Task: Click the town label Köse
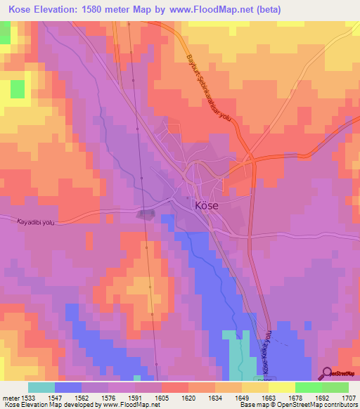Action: [205, 206]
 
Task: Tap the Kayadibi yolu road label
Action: [35, 221]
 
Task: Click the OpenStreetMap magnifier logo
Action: [326, 373]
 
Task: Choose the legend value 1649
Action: [221, 397]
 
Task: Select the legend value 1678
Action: [295, 397]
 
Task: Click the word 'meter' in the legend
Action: [12, 397]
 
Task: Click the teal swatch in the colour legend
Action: [41, 387]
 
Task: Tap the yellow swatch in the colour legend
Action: [255, 387]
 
